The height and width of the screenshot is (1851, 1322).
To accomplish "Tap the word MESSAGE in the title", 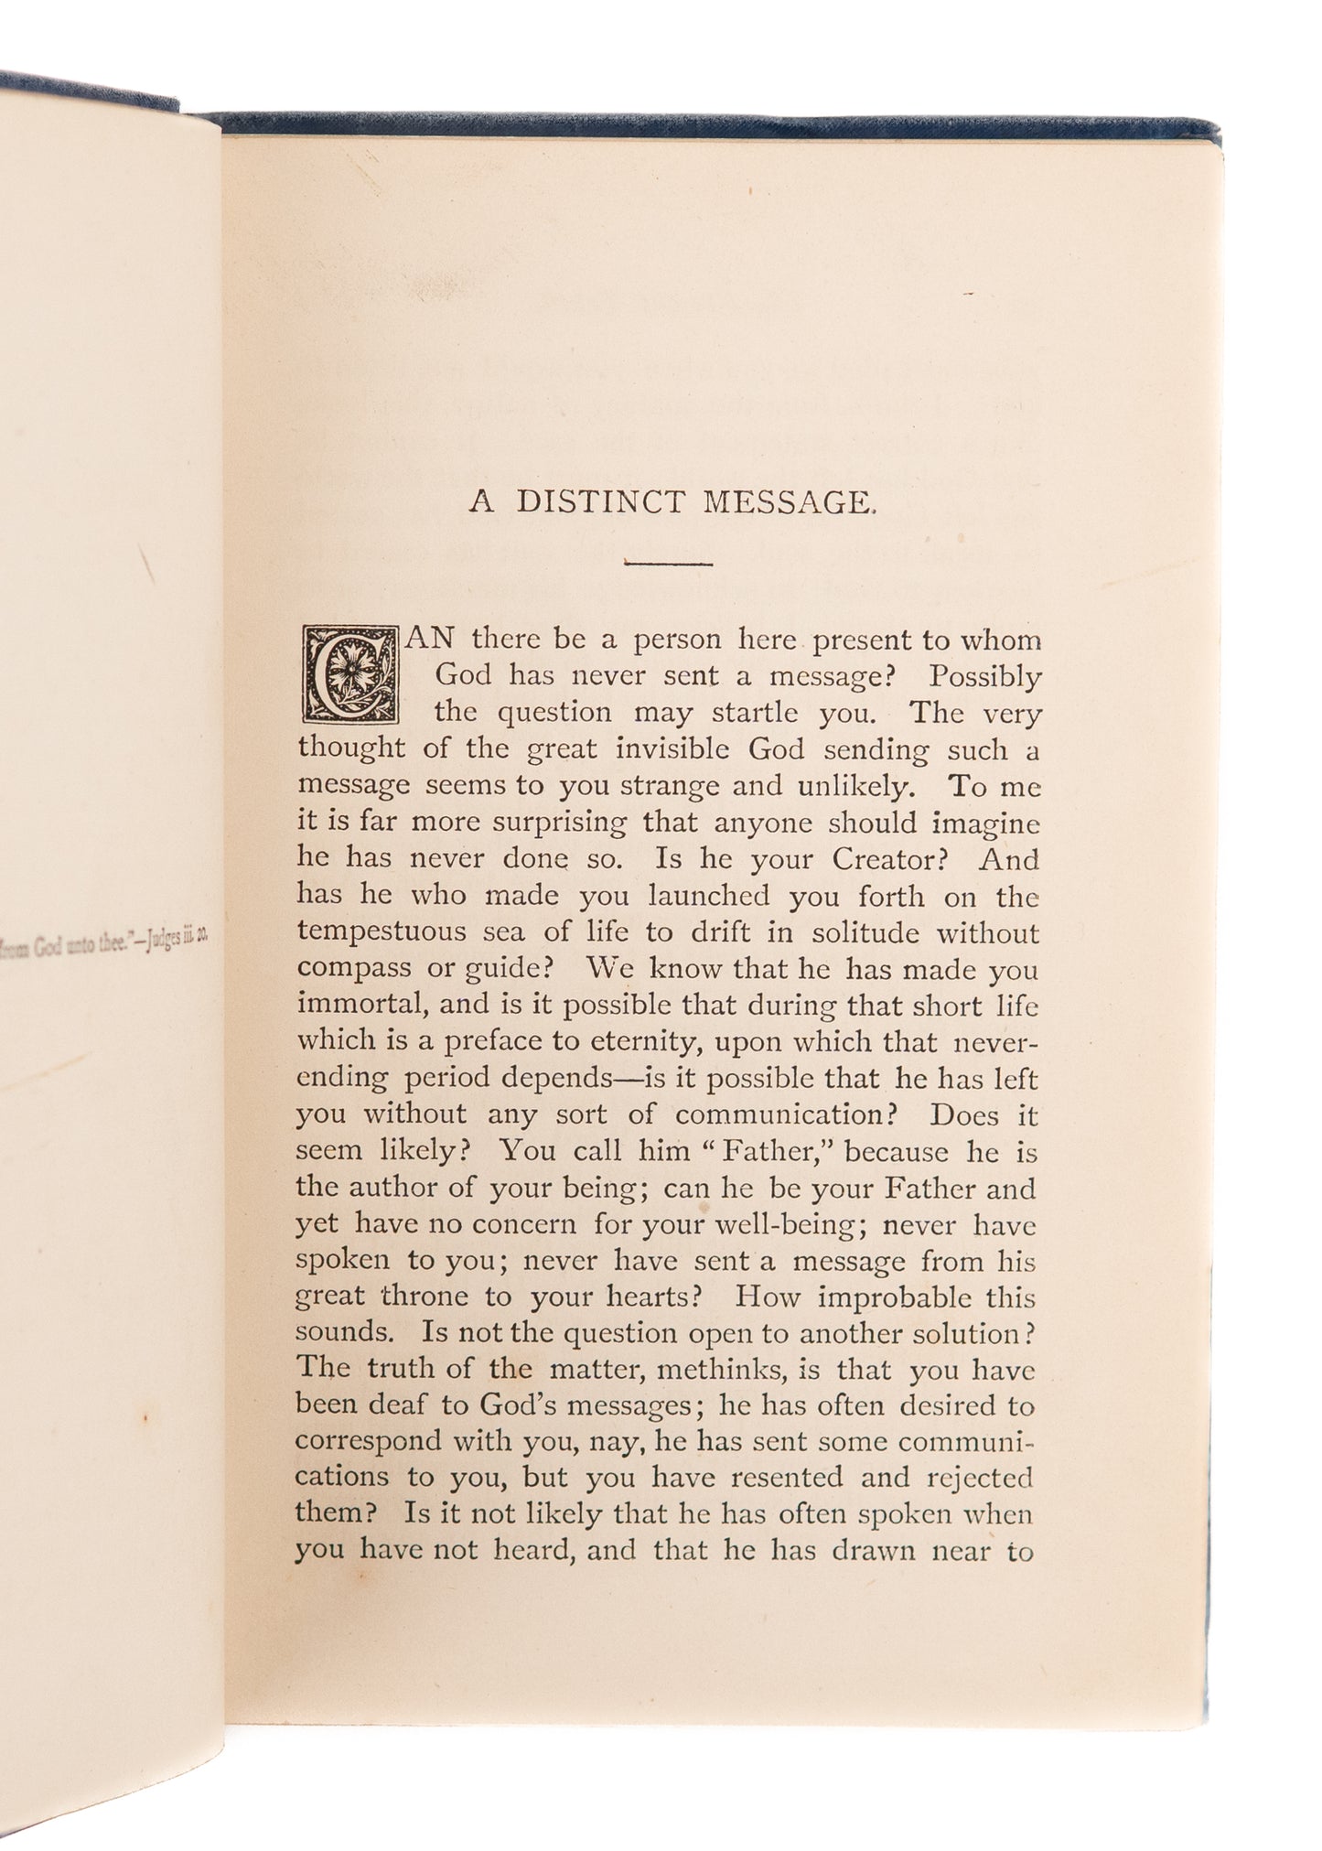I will coord(786,502).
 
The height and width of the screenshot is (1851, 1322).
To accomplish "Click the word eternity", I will coord(641,1041).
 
